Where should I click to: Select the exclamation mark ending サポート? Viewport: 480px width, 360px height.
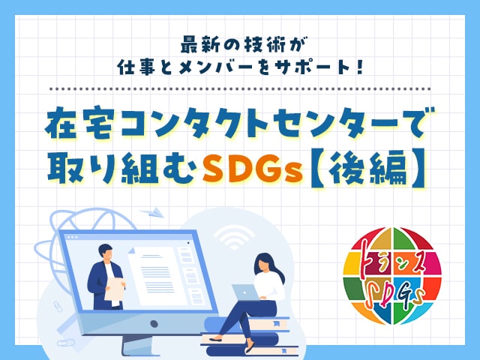[x=360, y=67]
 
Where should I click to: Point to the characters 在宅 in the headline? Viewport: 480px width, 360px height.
[x=80, y=123]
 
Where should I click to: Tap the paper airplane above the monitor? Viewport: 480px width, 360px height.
[x=152, y=212]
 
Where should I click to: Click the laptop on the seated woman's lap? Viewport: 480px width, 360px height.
[x=244, y=292]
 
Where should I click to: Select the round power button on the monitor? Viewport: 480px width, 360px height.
[x=154, y=323]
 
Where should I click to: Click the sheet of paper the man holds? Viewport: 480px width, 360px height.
[x=115, y=291]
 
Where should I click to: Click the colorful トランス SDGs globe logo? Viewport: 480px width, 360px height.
[x=392, y=275]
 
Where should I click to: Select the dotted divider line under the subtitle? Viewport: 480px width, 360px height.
[x=240, y=89]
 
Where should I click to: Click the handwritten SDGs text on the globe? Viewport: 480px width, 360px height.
[x=396, y=295]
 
